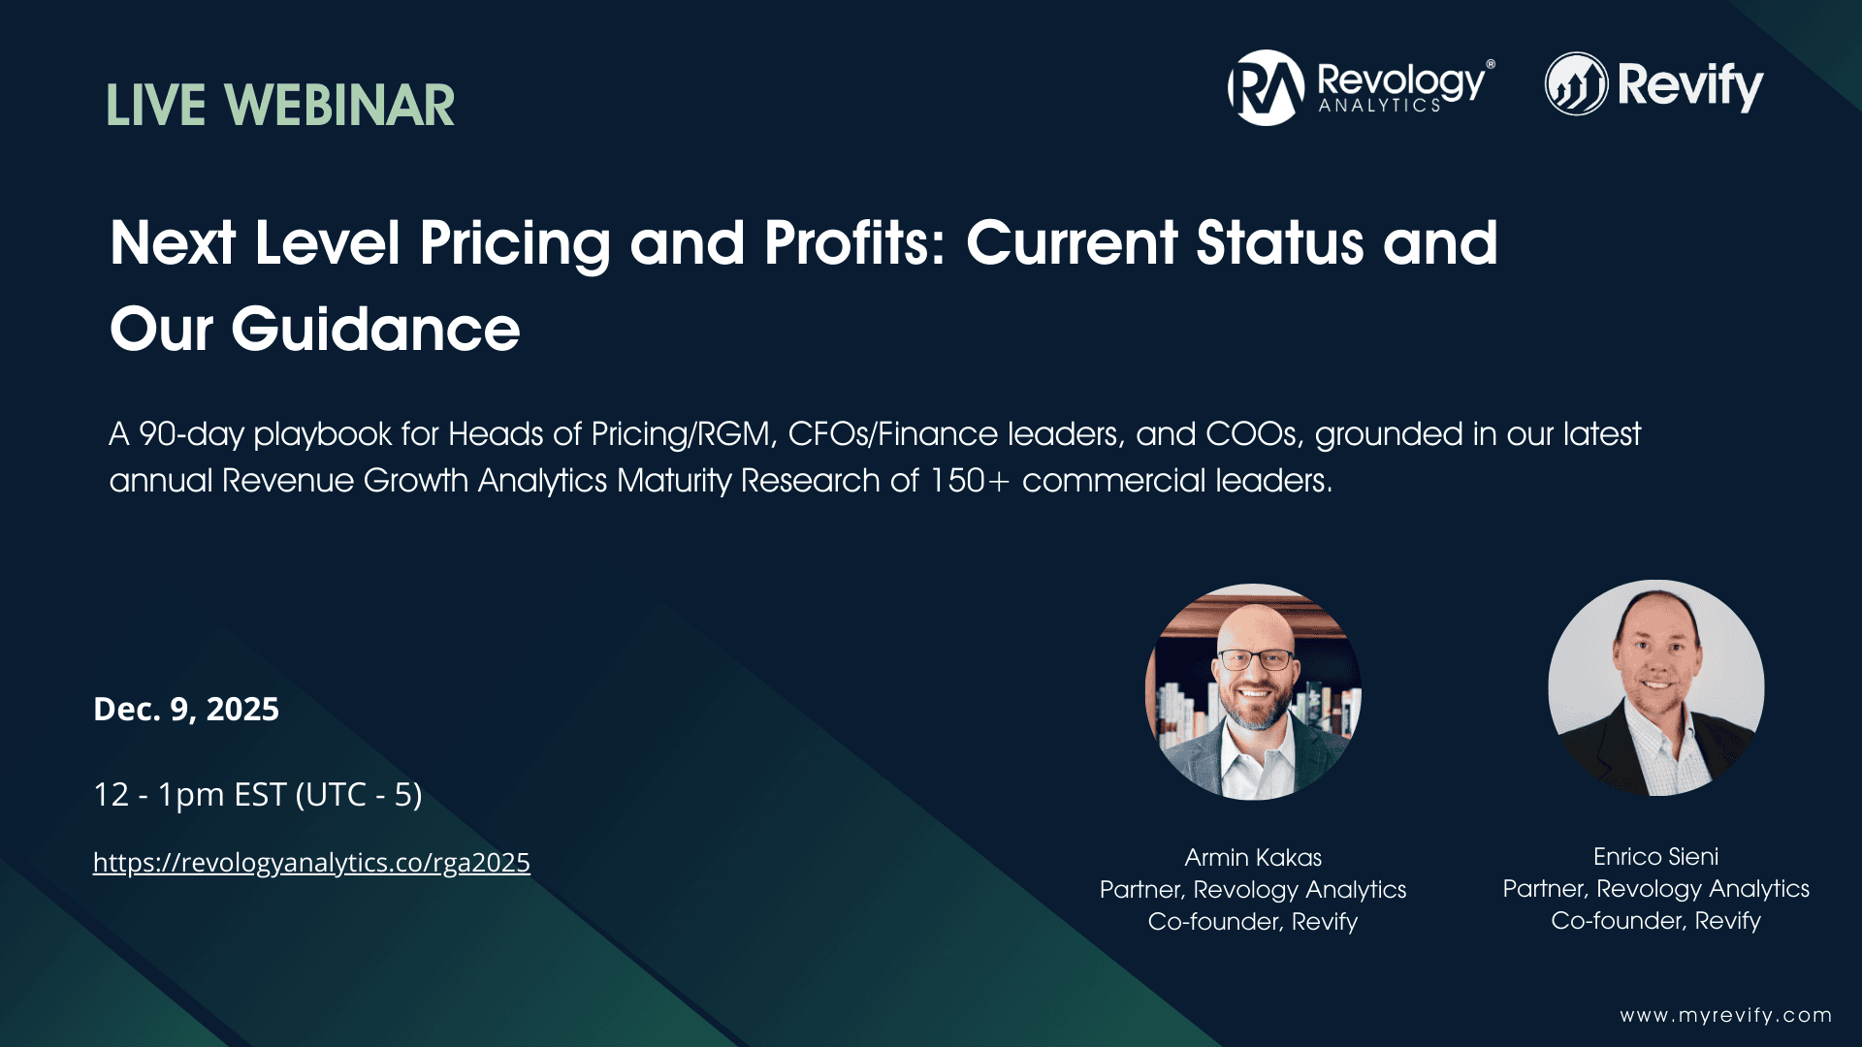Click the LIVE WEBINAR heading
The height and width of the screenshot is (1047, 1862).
tap(280, 106)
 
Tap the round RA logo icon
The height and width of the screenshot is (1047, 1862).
tap(1266, 88)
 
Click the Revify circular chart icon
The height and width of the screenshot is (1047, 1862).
tap(1576, 84)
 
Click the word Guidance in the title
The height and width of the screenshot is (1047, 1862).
tap(375, 330)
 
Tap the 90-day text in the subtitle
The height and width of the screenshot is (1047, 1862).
tap(191, 434)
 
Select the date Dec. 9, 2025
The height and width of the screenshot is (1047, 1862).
tap(186, 710)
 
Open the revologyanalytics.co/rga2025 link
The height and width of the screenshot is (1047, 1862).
tap(311, 863)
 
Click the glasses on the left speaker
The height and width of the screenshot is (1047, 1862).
tap(1255, 661)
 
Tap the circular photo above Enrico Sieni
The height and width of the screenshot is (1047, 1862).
tap(1655, 688)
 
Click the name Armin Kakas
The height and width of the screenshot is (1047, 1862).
tap(1253, 858)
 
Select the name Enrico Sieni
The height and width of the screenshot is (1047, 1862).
tap(1655, 857)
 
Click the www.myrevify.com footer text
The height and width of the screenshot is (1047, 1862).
tap(1725, 1016)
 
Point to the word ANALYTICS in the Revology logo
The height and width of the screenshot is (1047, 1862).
tap(1379, 106)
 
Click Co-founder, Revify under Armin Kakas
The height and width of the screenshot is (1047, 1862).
tap(1253, 922)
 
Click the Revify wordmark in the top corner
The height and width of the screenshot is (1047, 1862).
tap(1689, 86)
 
